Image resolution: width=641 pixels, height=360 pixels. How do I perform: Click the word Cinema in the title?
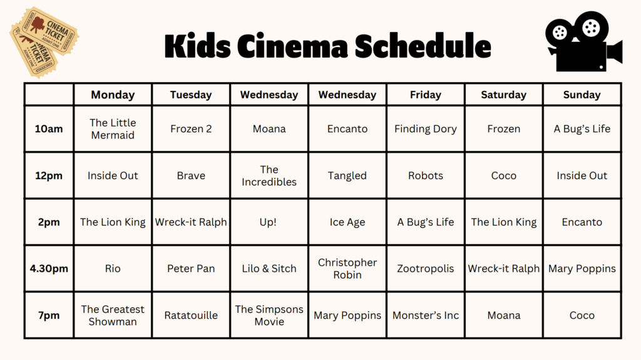(x=292, y=46)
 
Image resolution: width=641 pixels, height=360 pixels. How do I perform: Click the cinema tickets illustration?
(x=44, y=42)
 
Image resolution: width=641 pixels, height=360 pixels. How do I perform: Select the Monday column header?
(x=113, y=95)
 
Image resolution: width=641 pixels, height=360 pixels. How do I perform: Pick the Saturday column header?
(x=504, y=95)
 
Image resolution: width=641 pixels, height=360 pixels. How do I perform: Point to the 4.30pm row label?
(x=49, y=269)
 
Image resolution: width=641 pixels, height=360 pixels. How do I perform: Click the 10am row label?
(x=49, y=129)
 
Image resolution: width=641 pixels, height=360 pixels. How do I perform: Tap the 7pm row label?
(x=49, y=316)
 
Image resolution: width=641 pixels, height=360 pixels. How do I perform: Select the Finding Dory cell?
(x=426, y=129)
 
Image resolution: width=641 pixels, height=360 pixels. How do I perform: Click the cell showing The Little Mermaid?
(x=113, y=129)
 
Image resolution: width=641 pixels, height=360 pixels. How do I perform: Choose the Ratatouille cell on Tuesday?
(x=191, y=316)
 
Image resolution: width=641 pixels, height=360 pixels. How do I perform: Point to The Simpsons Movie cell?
(x=269, y=316)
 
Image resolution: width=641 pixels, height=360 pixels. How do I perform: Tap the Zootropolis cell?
(x=426, y=269)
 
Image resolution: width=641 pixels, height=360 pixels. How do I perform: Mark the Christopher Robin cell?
(x=347, y=269)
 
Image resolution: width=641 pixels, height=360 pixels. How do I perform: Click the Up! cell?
(x=269, y=222)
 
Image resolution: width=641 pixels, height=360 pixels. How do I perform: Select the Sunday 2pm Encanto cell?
(x=582, y=222)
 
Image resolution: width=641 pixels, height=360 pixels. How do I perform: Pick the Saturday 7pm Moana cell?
(x=504, y=316)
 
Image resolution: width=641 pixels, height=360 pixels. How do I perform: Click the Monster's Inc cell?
(x=426, y=316)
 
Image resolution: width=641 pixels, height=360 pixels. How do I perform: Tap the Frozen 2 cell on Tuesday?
(x=191, y=129)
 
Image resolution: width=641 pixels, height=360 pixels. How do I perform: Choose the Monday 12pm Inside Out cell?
(x=113, y=175)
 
